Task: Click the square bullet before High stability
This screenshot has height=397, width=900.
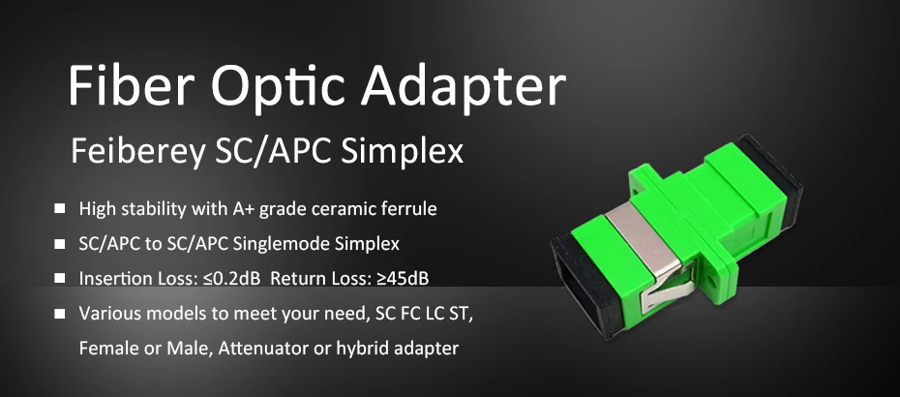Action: pyautogui.click(x=60, y=208)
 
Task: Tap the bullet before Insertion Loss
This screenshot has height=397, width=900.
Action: pyautogui.click(x=60, y=278)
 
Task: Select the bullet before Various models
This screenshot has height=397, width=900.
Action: pyautogui.click(x=60, y=314)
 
